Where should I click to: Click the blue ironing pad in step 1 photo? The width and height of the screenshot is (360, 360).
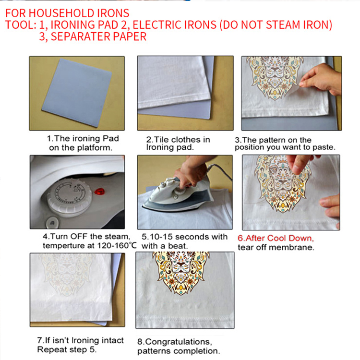[x=77, y=93]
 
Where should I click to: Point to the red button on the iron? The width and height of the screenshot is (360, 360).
[x=99, y=191]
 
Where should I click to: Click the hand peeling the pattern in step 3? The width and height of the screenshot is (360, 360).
[x=321, y=79]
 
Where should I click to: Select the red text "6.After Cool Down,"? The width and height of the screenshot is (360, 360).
[x=276, y=238]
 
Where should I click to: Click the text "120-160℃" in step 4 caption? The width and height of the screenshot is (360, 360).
[x=117, y=246]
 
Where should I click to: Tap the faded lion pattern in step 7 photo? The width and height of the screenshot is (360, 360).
[x=67, y=274]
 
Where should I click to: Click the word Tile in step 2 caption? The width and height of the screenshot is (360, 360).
[x=161, y=140]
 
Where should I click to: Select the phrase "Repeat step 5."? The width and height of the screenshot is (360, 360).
[x=67, y=349]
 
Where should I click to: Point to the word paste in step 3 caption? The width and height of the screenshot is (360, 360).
[x=324, y=147]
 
